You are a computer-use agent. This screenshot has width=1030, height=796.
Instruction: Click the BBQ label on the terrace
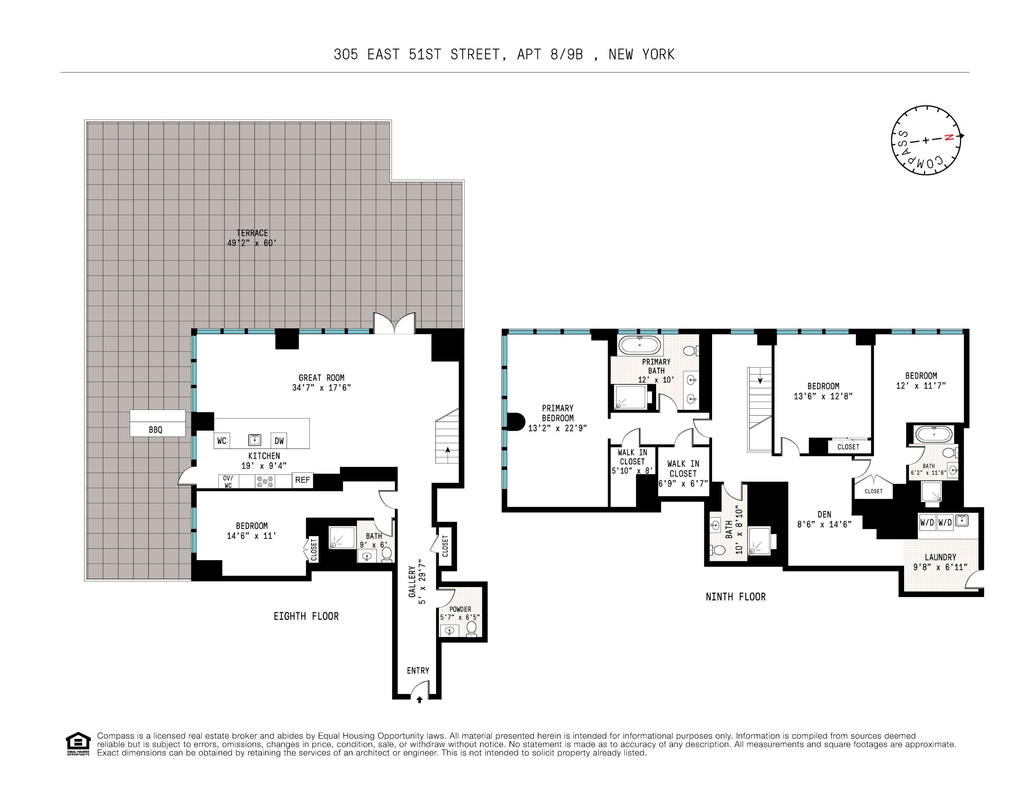(x=155, y=430)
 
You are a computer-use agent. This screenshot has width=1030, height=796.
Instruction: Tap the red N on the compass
(x=949, y=137)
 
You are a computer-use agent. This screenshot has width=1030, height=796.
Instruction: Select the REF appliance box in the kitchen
(x=302, y=480)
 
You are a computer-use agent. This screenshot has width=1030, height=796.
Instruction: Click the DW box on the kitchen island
(x=279, y=441)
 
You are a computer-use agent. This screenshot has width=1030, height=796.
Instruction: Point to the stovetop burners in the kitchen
(x=264, y=482)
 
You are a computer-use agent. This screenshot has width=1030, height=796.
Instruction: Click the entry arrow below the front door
(x=419, y=700)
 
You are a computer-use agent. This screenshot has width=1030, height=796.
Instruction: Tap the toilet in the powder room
(x=471, y=628)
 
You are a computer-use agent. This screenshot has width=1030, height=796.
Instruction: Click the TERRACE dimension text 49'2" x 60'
(x=252, y=243)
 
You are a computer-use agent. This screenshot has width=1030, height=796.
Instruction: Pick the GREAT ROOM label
(x=322, y=378)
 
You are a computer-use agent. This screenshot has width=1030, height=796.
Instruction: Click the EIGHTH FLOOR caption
(x=306, y=616)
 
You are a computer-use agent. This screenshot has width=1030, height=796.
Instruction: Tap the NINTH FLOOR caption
(x=735, y=597)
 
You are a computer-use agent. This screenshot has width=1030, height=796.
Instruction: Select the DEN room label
(x=824, y=515)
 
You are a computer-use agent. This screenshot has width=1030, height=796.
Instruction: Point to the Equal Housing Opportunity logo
(x=78, y=744)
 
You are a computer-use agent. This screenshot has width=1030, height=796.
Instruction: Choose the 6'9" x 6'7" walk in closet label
(x=683, y=473)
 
